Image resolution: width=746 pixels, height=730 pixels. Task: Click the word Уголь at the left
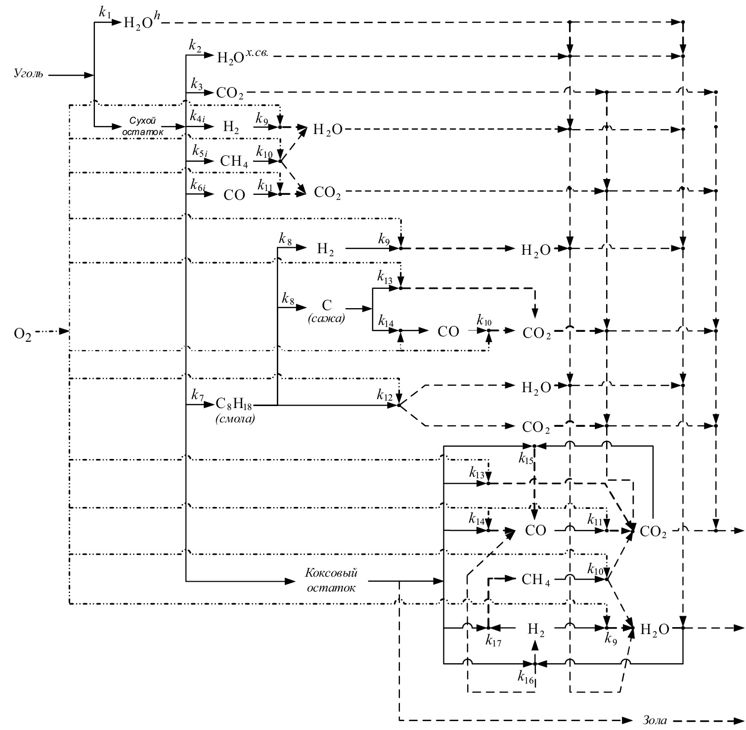pos(28,75)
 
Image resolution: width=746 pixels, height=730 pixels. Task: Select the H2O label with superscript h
pos(141,23)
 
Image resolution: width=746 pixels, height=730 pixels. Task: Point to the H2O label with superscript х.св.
pos(242,56)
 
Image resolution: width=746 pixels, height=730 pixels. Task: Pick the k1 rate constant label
pos(104,13)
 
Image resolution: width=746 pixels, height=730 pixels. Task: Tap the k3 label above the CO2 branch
pos(197,84)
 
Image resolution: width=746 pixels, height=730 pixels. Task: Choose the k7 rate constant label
pos(197,396)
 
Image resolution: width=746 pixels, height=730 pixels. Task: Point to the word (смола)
pos(235,420)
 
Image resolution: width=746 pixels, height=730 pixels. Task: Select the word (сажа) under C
pos(326,319)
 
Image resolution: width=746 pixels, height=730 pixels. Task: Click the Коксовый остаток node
pos(331,580)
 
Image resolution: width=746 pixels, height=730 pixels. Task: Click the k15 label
pos(526,459)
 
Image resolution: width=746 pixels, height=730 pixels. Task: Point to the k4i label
pos(198,117)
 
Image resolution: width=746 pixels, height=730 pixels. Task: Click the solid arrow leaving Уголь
pos(71,75)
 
